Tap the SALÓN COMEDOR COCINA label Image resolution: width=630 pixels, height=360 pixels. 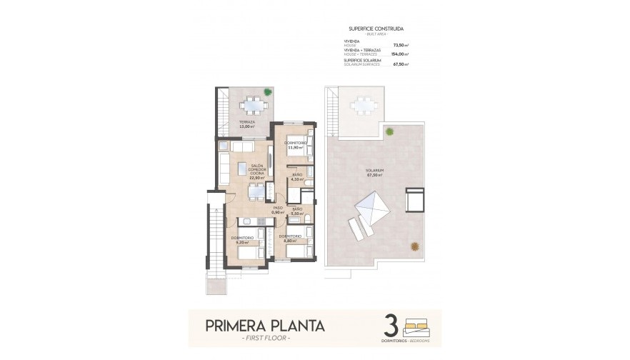tap(257, 171)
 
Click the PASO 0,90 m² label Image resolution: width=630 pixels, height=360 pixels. tap(278, 211)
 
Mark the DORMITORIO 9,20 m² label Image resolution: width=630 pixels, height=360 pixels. tap(242, 240)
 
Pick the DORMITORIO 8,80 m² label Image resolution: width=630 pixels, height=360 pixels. tap(290, 238)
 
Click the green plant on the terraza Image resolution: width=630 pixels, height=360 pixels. tap(267, 91)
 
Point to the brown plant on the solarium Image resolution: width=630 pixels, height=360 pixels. tap(414, 246)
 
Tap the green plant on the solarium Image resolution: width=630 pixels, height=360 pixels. tap(389, 131)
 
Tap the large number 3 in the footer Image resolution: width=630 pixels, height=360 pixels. tap(390, 325)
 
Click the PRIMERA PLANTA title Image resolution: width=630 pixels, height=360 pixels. tap(265, 326)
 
